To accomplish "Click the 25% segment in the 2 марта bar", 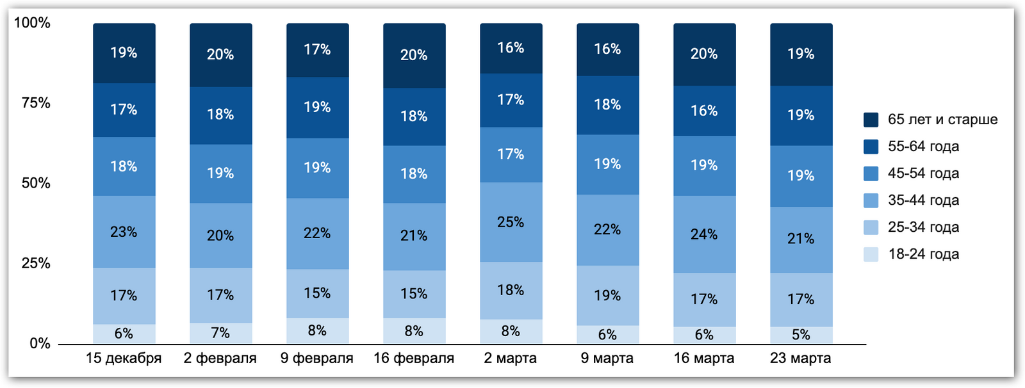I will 511,222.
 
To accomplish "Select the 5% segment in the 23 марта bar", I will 801,335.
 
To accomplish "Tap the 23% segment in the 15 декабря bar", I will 124,232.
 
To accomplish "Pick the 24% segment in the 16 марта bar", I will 704,234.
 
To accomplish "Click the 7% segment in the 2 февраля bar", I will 220,333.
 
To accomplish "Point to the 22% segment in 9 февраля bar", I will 317,233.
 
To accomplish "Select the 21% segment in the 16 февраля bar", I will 414,236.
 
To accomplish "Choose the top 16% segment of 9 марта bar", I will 607,49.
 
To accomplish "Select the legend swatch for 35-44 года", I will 871,200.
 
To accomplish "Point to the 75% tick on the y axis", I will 36,103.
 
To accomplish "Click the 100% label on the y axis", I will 32,23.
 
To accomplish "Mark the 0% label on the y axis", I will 40,344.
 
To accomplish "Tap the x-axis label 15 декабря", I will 124,359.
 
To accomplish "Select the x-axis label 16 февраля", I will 414,359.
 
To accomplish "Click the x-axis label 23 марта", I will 801,359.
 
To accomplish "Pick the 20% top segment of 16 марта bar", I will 704,54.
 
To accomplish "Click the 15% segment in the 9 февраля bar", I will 317,293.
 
